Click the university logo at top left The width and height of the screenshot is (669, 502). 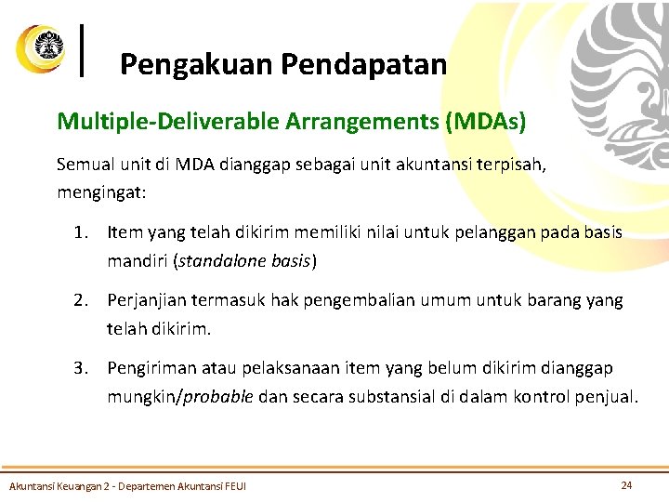coord(41,47)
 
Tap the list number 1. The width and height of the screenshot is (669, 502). coord(81,232)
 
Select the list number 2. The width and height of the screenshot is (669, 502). coord(81,300)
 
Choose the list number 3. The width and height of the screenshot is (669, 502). coord(81,369)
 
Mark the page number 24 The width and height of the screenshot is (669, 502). coord(626,485)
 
